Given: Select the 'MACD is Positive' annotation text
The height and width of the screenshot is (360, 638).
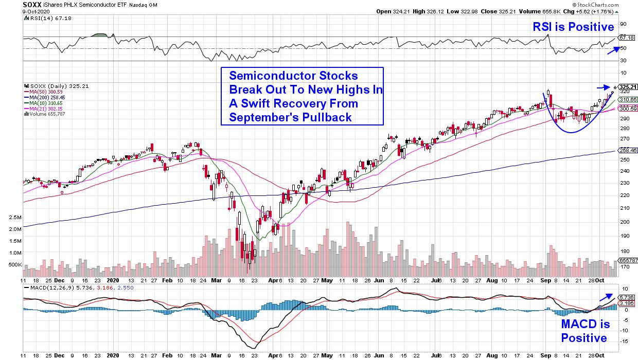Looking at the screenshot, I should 584,331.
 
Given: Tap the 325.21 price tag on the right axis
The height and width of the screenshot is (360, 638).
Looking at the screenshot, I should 627,86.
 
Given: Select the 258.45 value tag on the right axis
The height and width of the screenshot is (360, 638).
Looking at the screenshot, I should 627,151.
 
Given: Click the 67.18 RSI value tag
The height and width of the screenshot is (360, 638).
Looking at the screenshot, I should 626,38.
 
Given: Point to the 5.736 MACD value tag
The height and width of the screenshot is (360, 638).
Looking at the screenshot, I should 626,298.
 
